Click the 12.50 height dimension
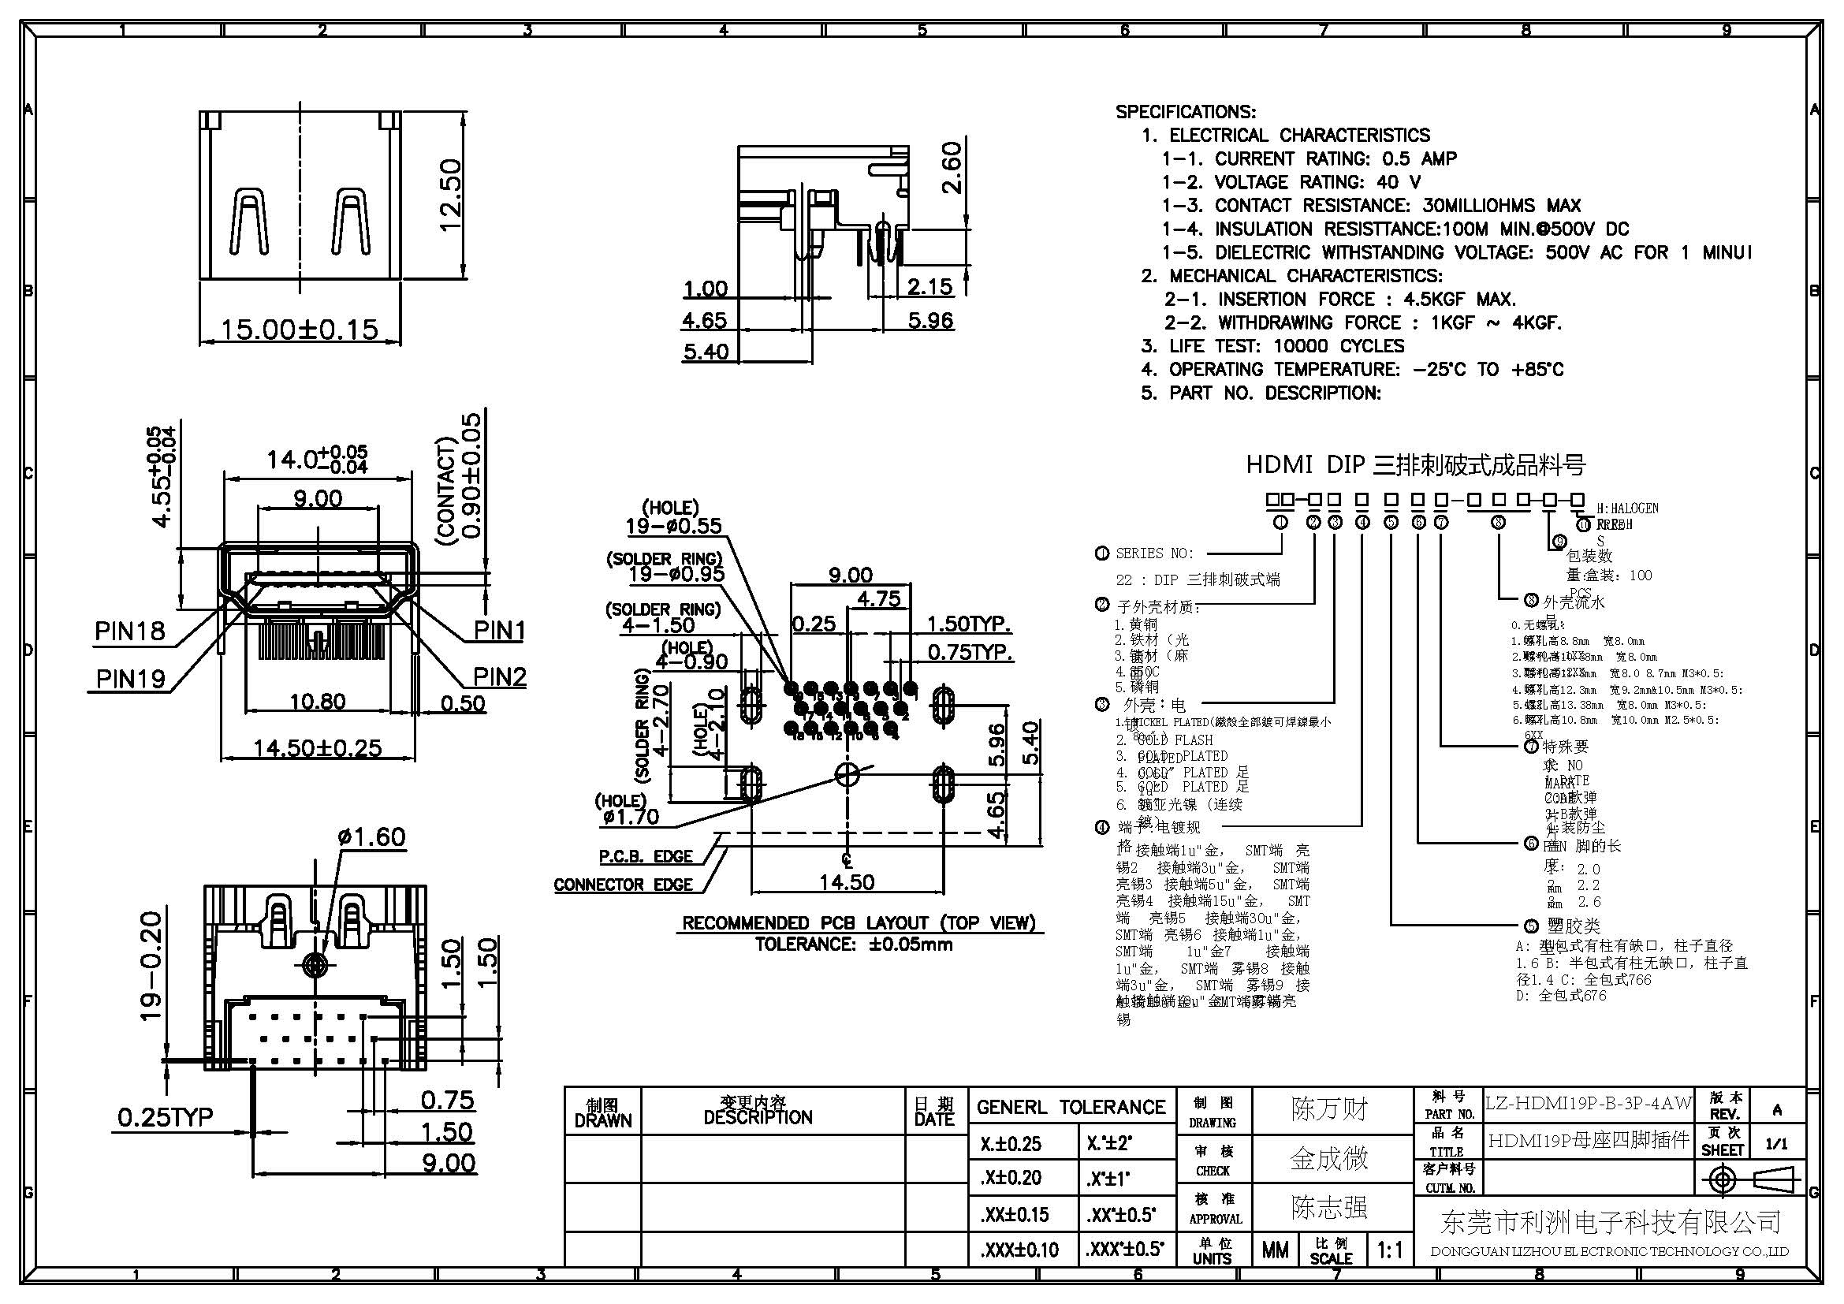[449, 195]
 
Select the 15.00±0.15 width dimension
[300, 330]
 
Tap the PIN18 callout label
[129, 632]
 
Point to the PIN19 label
[130, 680]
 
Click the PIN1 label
[499, 632]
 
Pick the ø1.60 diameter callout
[371, 836]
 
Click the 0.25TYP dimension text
[166, 1117]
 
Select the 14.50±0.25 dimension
[317, 748]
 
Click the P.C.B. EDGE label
[646, 857]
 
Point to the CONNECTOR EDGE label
[624, 885]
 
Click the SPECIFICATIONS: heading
[1186, 112]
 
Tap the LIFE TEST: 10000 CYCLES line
[1272, 346]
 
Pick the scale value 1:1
[1389, 1250]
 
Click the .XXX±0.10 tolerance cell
[1019, 1250]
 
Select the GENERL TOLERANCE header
[1070, 1108]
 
